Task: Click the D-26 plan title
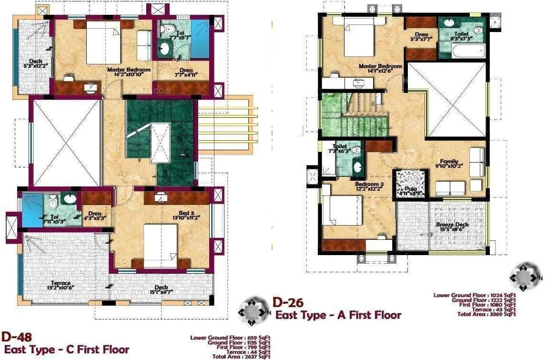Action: click(x=288, y=303)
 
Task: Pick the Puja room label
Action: click(x=411, y=191)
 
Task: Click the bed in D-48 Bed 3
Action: click(x=161, y=245)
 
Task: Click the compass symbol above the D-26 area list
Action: click(x=524, y=276)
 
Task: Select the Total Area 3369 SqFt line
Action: click(x=486, y=314)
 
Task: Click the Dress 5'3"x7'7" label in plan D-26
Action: click(x=421, y=37)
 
